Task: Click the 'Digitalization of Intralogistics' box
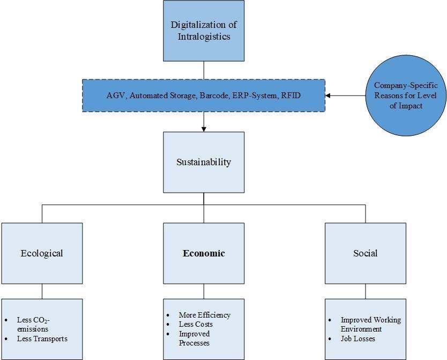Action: coord(204,31)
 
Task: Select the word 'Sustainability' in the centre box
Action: coord(204,162)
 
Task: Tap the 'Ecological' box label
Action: coord(42,253)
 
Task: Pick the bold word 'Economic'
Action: coord(204,253)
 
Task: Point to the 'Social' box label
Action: coord(365,253)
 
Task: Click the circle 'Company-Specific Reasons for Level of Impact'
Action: coord(406,95)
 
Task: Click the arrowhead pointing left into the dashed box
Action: coord(328,95)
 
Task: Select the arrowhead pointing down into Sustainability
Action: coord(204,129)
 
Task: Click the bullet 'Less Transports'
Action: coord(42,339)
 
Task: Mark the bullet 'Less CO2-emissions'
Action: coord(33,325)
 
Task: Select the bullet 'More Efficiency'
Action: coord(205,315)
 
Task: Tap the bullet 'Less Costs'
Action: coord(196,324)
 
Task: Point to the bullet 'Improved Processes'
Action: coord(194,338)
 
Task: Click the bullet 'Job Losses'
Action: coord(358,339)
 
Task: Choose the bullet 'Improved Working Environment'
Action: coord(370,325)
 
